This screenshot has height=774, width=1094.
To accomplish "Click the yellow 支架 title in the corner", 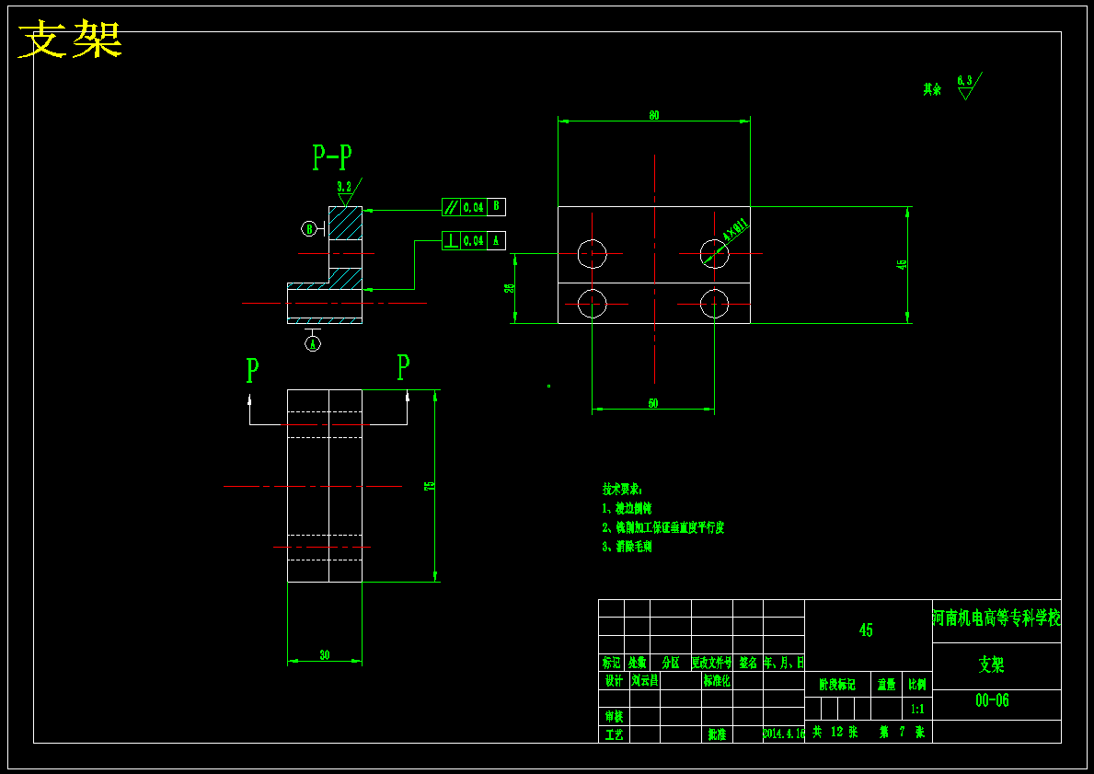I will pos(71,40).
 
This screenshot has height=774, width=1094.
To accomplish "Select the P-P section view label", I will pos(332,158).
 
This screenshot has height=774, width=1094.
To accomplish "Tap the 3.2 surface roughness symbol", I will pos(345,190).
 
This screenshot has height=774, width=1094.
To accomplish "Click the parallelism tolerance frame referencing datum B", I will pos(473,207).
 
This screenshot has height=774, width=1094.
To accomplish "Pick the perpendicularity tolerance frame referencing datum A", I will pos(473,240).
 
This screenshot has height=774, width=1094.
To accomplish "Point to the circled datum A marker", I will pos(313,343).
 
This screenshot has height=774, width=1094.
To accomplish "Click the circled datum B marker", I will pos(309,228).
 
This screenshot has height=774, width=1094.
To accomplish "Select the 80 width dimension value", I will pos(654,115).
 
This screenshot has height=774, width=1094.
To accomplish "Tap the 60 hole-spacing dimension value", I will pos(653,403).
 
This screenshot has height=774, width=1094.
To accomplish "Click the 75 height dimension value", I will pos(429,485).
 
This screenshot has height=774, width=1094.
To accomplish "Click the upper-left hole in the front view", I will pos(592,253).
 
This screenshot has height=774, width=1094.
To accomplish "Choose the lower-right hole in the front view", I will pos(714,303).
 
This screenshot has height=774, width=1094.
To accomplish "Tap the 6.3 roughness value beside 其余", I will pos(964,81).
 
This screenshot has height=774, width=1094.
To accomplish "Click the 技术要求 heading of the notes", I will pos(623,489).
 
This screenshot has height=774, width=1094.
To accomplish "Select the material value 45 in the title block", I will pos(866,630).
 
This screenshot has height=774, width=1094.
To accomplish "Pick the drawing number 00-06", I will pos(992,700).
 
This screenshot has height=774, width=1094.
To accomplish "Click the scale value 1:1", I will pos(917,710).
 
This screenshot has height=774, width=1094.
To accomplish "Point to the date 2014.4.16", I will pos(784,734).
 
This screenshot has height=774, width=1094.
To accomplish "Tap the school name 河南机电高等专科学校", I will pos(996,617).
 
